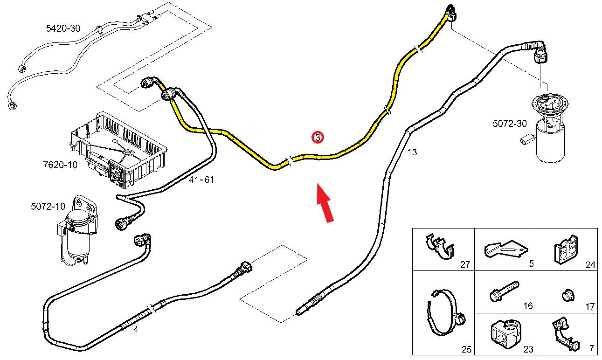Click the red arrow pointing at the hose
click(x=325, y=202)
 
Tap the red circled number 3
click(x=317, y=138)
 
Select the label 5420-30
click(x=63, y=28)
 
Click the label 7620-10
click(x=60, y=164)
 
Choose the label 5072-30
click(x=510, y=124)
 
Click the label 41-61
click(x=202, y=180)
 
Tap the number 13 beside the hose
click(x=412, y=152)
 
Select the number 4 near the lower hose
click(x=136, y=330)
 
